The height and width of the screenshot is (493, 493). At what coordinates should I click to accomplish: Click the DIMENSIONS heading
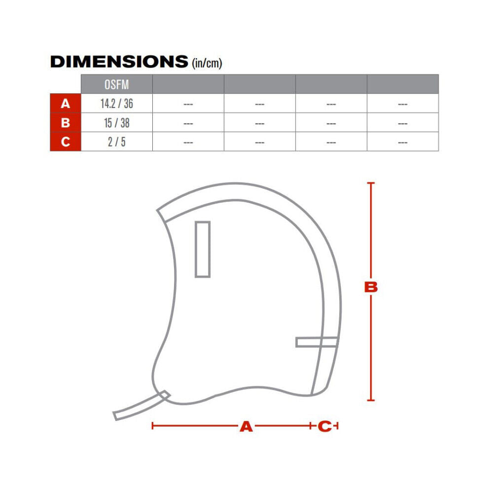[x=119, y=62]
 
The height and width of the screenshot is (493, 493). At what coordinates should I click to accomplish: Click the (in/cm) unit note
[x=206, y=63]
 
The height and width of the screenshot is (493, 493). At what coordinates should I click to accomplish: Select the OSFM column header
[x=116, y=84]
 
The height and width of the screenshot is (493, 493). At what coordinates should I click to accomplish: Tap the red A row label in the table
[x=65, y=104]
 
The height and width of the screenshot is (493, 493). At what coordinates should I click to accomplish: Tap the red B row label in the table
[x=65, y=123]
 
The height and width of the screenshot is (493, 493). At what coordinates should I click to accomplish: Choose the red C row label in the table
[x=65, y=142]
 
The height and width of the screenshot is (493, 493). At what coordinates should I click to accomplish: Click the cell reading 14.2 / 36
[x=116, y=104]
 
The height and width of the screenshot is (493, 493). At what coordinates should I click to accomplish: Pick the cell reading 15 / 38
[x=116, y=123]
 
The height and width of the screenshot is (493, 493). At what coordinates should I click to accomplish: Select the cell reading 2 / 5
[x=116, y=142]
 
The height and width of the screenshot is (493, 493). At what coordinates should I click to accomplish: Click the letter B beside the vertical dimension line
[x=371, y=287]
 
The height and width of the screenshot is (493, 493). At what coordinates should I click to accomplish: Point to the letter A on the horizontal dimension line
[x=246, y=426]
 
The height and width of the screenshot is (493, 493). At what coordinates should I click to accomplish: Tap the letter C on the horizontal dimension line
[x=324, y=426]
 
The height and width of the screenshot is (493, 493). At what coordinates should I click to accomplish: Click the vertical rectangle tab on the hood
[x=203, y=249]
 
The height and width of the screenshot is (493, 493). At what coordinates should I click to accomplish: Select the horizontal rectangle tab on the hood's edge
[x=317, y=342]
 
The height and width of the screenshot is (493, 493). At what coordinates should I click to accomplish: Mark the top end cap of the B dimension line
[x=371, y=183]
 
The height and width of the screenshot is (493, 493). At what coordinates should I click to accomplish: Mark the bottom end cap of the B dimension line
[x=371, y=400]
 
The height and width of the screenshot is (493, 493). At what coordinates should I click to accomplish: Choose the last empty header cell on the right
[x=402, y=84]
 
